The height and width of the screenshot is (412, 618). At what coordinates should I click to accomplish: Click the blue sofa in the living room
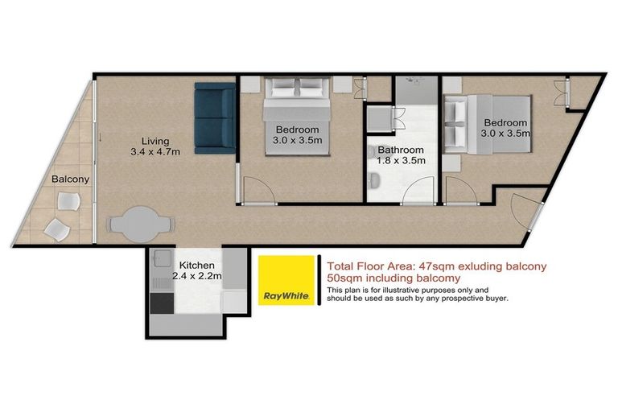pyautogui.click(x=214, y=122)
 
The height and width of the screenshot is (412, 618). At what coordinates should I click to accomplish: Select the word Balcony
pyautogui.click(x=71, y=179)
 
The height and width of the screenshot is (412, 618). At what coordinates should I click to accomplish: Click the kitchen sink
pyautogui.click(x=160, y=265)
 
